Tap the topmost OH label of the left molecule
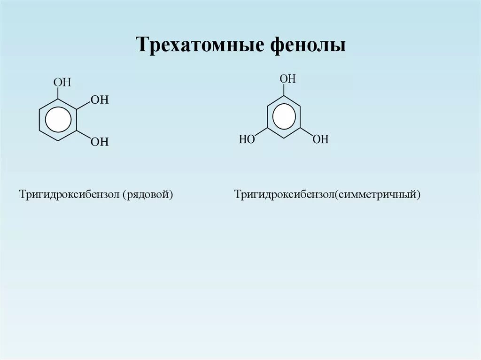62,83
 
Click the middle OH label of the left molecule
99,100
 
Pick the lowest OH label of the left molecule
99,142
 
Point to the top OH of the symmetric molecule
287,78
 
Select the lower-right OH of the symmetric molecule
321,139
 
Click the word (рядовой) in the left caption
148,194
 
